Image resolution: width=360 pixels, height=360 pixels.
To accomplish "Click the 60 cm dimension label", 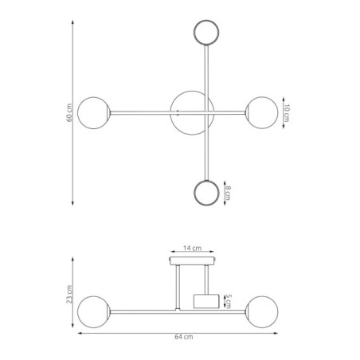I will (x=69, y=114).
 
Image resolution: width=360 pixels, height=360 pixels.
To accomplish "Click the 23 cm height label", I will (x=69, y=297).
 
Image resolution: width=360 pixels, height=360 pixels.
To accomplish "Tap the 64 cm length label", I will (x=184, y=337).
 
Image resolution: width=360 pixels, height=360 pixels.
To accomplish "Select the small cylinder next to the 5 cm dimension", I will (x=206, y=301).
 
